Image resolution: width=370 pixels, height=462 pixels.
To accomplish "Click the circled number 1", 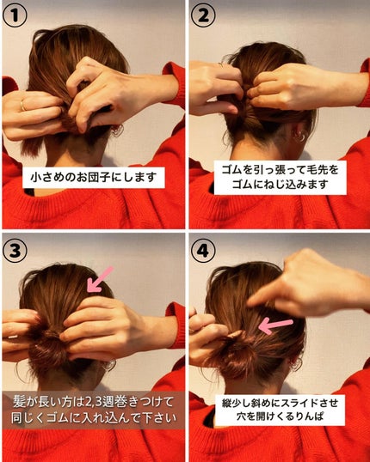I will (15, 15).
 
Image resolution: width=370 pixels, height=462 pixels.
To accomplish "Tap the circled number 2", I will (203, 15).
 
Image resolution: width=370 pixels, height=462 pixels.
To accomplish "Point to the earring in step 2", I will (299, 136).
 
